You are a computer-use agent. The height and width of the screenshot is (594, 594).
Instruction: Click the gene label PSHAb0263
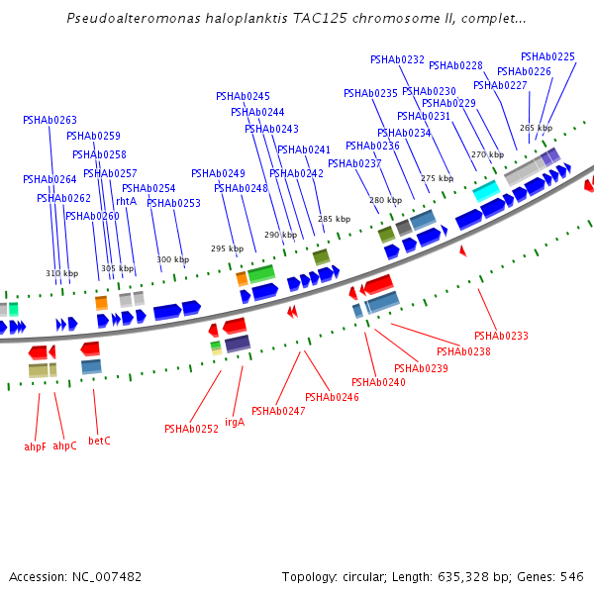49,120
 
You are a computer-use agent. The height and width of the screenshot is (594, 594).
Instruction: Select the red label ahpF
36,446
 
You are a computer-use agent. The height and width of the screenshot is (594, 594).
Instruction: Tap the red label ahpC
65,445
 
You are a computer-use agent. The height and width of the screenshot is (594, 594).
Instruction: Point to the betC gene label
99,441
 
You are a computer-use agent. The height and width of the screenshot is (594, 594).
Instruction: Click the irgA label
235,422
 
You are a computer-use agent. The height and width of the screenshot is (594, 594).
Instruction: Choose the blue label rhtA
127,201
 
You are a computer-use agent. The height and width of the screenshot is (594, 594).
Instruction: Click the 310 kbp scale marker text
61,273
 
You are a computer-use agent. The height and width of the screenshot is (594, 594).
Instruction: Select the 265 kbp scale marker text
536,128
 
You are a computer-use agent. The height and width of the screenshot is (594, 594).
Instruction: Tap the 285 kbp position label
334,219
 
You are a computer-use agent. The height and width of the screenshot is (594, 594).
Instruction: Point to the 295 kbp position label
227,248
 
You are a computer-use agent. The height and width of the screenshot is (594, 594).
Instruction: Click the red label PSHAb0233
501,336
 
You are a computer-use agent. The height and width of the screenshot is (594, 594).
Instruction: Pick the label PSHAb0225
547,56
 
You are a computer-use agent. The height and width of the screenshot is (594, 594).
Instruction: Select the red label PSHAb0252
191,429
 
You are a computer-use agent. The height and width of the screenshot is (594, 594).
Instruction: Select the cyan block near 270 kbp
485,189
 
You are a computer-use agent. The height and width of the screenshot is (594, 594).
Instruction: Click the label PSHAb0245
243,96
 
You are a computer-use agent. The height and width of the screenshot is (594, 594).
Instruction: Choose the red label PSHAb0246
332,397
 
